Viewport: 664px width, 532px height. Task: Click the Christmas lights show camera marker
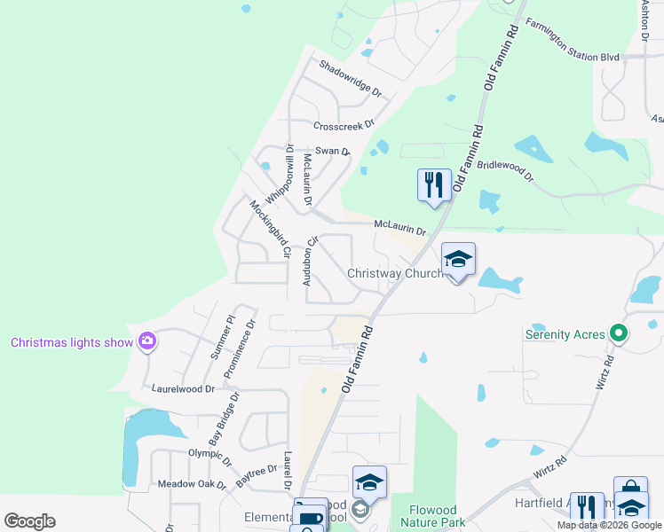tap(147, 341)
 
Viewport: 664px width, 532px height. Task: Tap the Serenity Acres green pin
tap(620, 334)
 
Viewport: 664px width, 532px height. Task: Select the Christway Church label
tap(395, 273)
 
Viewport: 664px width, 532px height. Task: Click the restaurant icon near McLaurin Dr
tap(434, 184)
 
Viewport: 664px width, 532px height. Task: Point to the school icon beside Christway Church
tap(458, 259)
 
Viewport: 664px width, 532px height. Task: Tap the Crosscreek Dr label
tap(344, 124)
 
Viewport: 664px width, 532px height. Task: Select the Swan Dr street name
tap(333, 152)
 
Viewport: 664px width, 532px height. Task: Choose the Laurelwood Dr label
tap(184, 388)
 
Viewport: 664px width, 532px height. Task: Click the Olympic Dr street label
tap(209, 458)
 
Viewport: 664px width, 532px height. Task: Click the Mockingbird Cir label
tap(270, 229)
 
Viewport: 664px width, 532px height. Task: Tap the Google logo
tap(29, 520)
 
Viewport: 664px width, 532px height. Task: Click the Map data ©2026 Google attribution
tap(608, 525)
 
